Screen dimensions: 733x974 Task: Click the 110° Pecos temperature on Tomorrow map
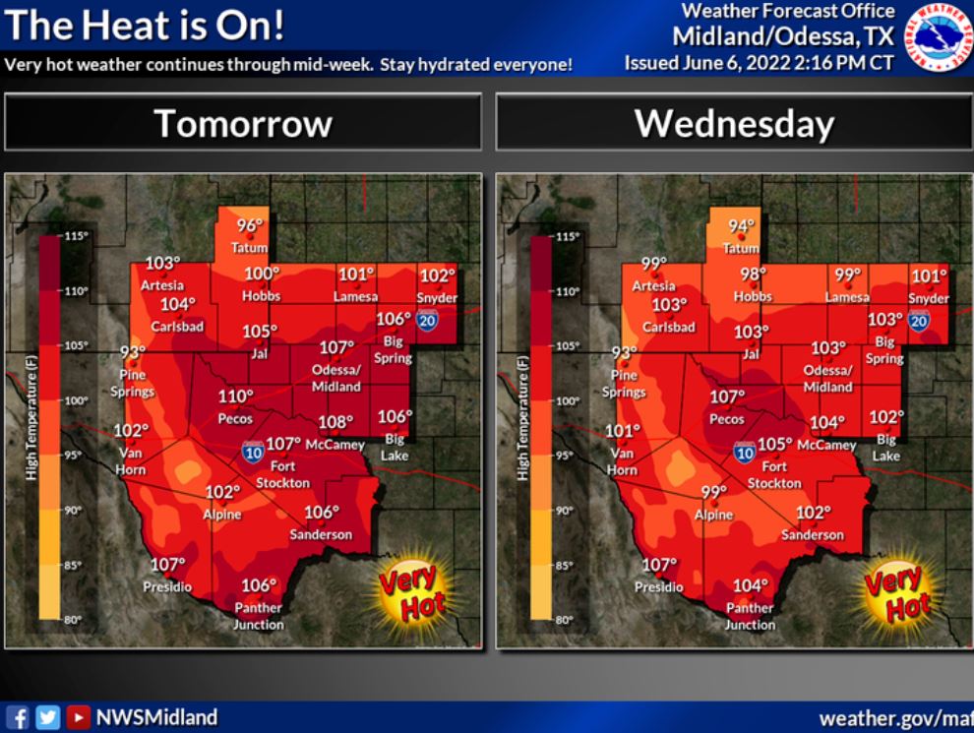point(235,397)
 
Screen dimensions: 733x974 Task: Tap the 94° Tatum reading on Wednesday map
point(742,226)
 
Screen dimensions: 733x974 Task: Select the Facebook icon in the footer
point(17,717)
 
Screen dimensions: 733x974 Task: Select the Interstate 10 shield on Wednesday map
point(744,453)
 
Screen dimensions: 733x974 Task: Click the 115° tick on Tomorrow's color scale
point(77,236)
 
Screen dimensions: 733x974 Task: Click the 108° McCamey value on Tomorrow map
point(335,423)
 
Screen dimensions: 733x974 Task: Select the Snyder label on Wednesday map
point(929,298)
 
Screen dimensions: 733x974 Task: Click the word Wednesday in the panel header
point(734,124)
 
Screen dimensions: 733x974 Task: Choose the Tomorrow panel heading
point(243,124)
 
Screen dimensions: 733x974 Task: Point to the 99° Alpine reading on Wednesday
point(713,493)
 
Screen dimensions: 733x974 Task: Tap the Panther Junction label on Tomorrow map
point(258,616)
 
